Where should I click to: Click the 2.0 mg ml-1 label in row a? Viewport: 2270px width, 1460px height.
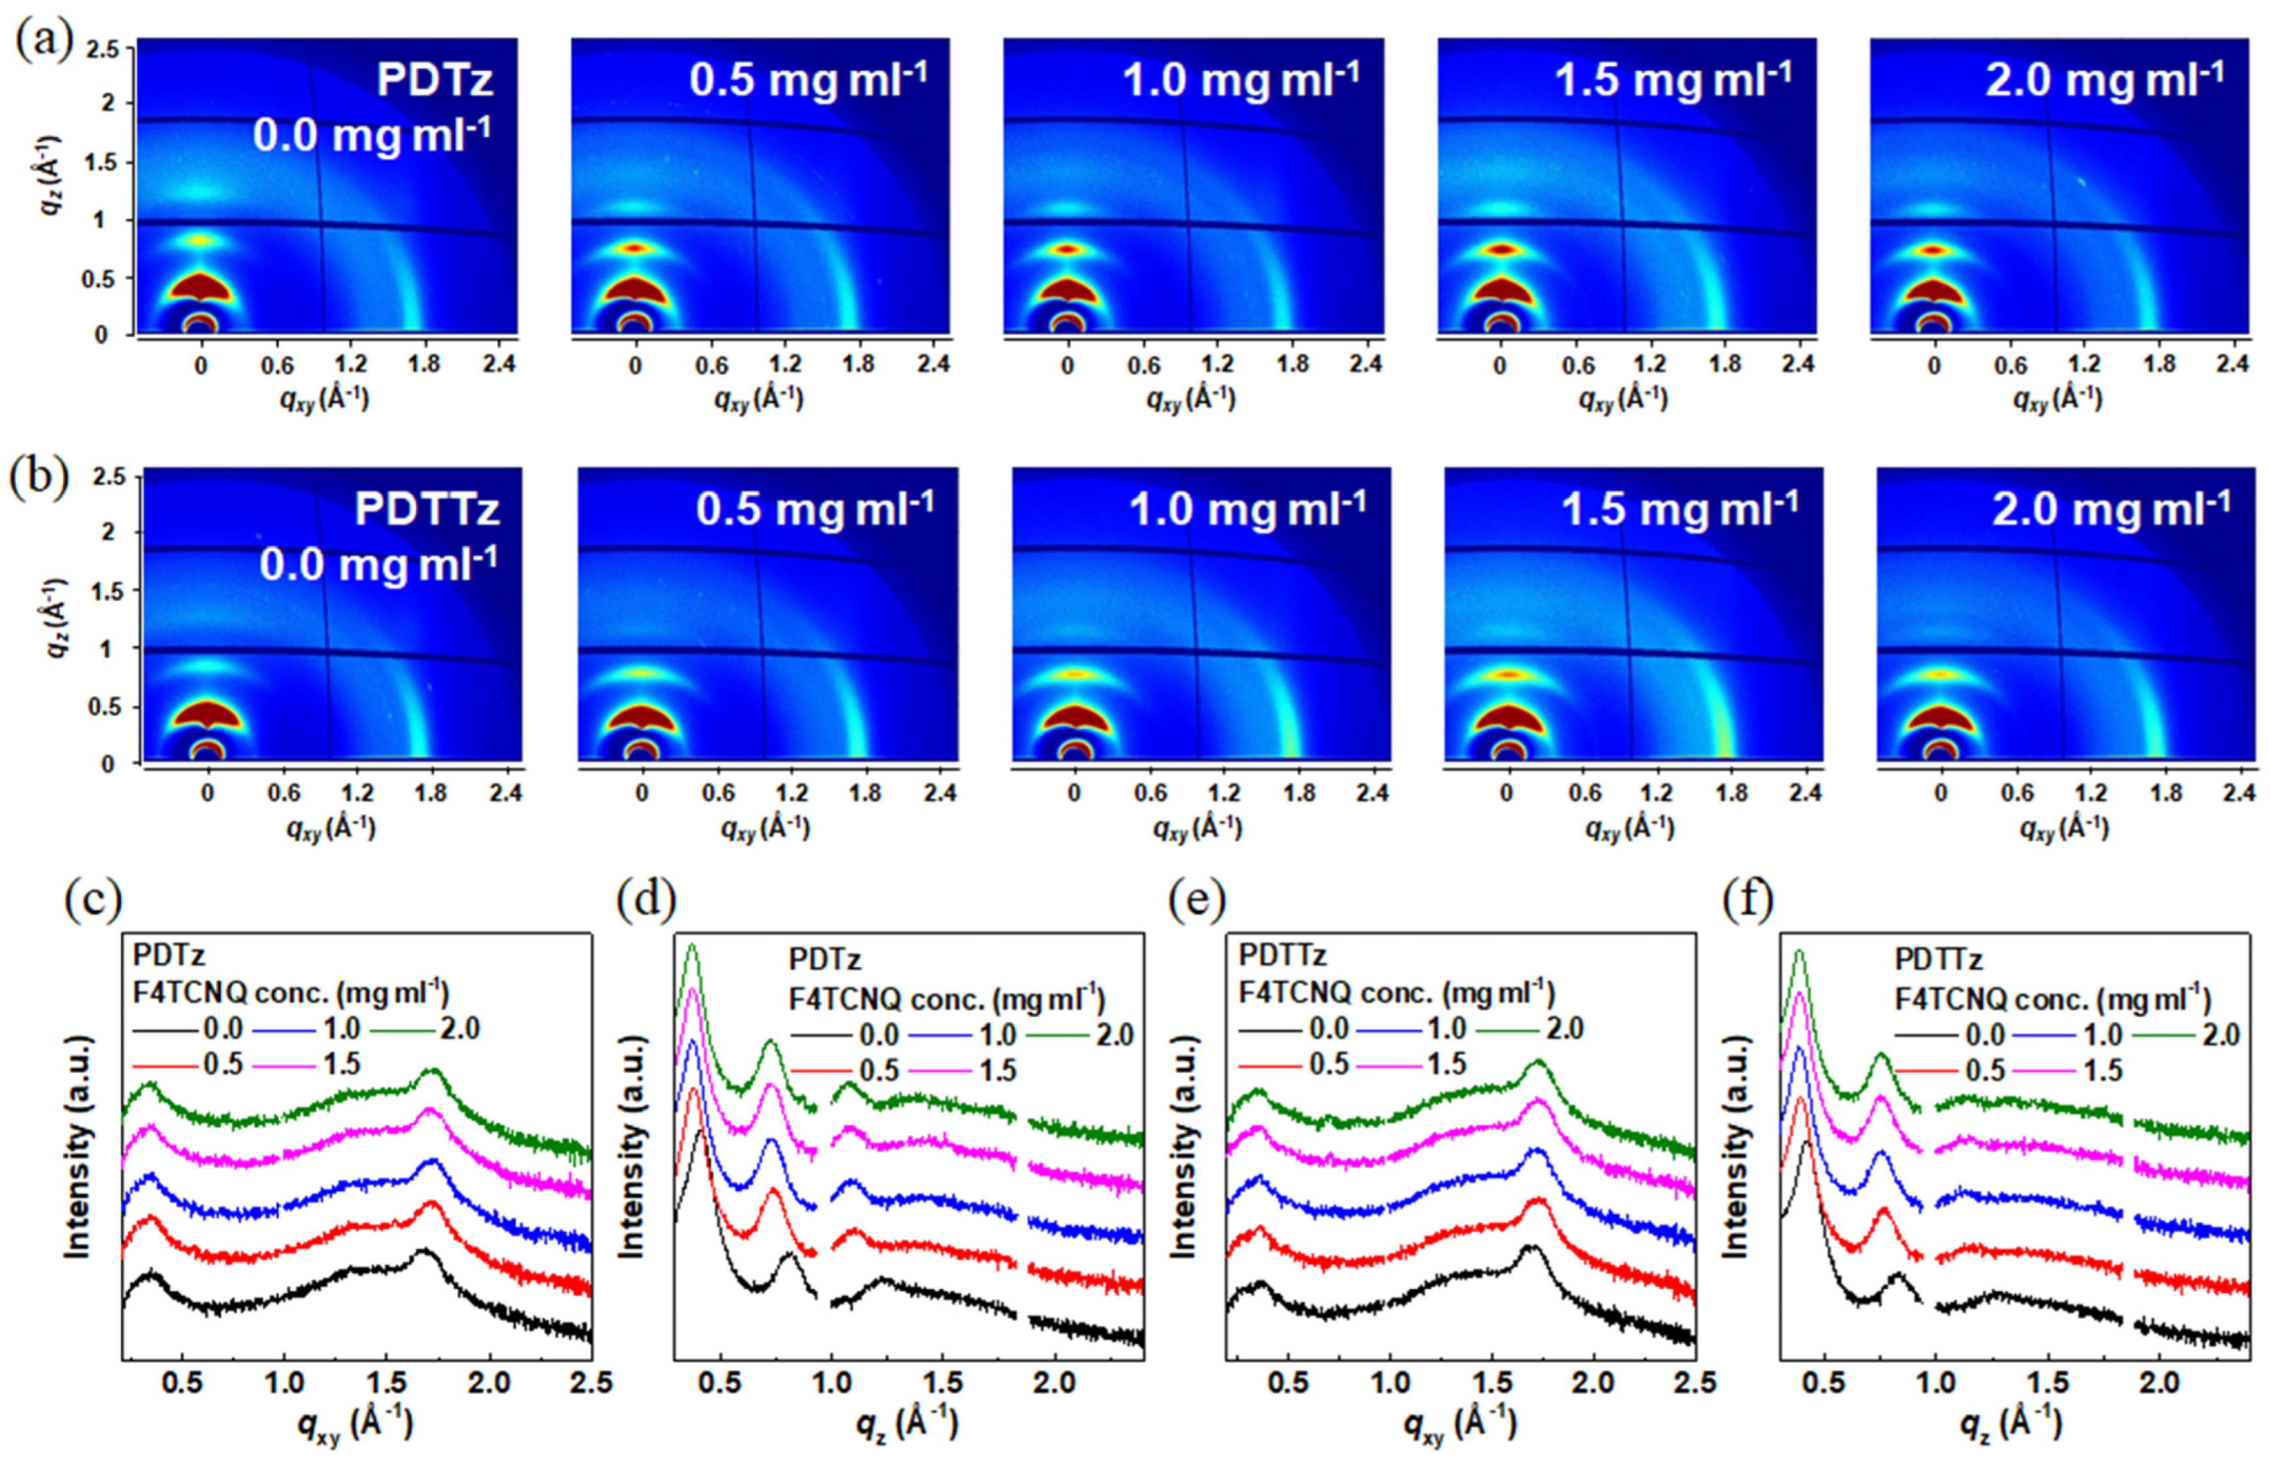[x=2103, y=80]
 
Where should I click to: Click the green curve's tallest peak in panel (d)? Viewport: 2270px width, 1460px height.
[x=692, y=946]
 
